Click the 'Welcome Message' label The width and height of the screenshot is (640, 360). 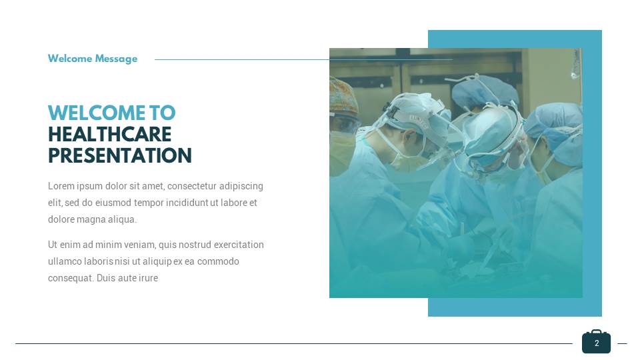coord(93,59)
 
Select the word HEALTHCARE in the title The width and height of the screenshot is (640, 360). coord(109,134)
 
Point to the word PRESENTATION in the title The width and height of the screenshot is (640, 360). coord(119,156)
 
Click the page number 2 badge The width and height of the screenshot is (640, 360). coord(597,343)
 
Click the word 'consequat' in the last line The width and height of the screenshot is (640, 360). coord(69,278)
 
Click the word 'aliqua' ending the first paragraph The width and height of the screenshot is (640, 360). coord(122,219)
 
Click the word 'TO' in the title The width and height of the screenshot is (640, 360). coord(162,113)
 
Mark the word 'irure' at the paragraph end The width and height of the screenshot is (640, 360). coord(147,278)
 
